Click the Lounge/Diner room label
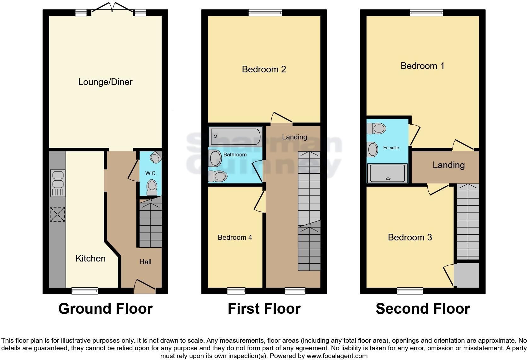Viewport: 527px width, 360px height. (105, 82)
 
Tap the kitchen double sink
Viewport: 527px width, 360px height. (58, 183)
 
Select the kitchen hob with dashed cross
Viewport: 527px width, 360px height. (57, 214)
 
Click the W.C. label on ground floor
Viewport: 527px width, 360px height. (151, 173)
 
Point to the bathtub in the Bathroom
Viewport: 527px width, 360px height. (235, 137)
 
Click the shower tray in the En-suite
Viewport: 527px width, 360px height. (387, 173)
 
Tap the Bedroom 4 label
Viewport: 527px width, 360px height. (235, 237)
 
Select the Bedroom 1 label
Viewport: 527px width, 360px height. (423, 66)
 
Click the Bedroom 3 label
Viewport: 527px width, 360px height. (410, 237)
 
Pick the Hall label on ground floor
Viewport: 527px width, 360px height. (145, 262)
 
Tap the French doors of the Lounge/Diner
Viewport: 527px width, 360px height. (112, 8)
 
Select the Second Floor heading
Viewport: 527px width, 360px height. (423, 309)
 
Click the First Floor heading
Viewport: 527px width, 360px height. (264, 309)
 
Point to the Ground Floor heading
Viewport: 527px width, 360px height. (105, 309)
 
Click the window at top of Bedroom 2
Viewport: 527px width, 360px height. (265, 13)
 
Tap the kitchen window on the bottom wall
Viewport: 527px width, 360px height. (85, 291)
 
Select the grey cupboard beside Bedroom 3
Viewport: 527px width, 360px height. (466, 275)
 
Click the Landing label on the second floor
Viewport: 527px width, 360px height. (449, 165)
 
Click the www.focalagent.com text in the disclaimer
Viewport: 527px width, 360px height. (337, 356)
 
